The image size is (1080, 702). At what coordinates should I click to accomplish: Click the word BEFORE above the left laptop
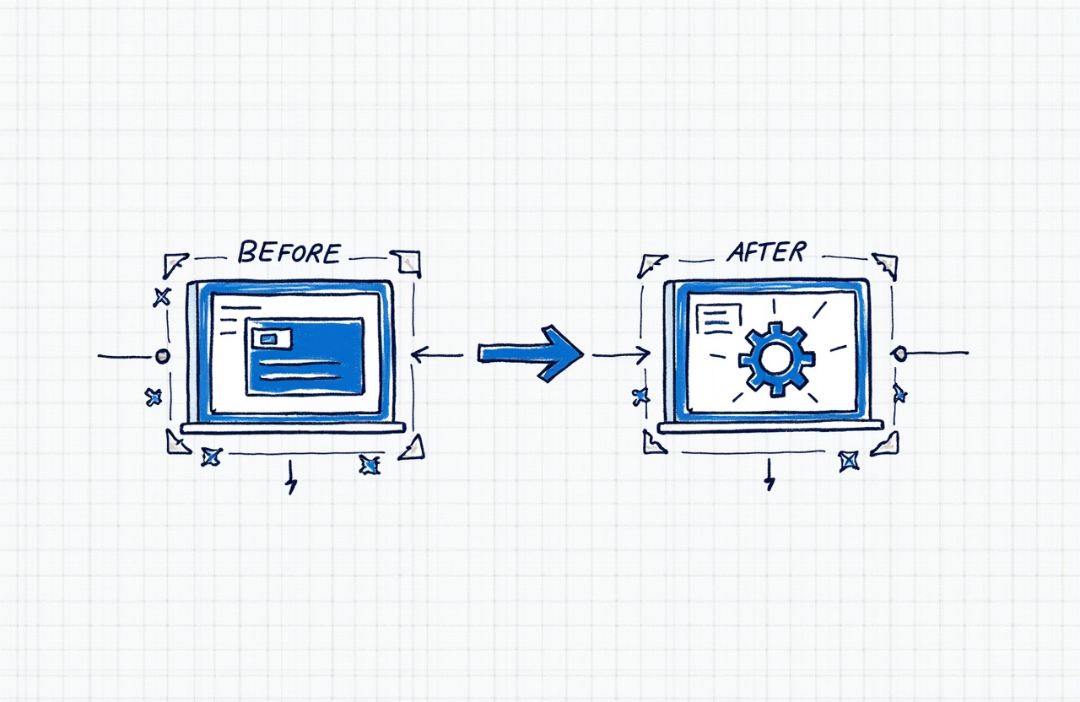289,252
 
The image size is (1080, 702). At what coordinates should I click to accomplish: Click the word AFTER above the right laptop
765,251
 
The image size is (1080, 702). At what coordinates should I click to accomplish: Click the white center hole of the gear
774,358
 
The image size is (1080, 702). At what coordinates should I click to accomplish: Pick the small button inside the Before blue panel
269,338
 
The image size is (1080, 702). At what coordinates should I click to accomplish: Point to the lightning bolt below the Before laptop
291,478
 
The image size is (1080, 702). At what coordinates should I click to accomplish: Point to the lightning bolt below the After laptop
769,477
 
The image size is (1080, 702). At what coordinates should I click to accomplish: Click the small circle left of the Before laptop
162,356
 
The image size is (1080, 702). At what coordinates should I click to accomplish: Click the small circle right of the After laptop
899,354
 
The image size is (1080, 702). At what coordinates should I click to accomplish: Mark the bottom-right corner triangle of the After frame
886,444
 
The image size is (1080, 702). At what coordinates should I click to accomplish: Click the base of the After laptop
770,426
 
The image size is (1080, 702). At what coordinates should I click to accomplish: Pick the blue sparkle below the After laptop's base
848,461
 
